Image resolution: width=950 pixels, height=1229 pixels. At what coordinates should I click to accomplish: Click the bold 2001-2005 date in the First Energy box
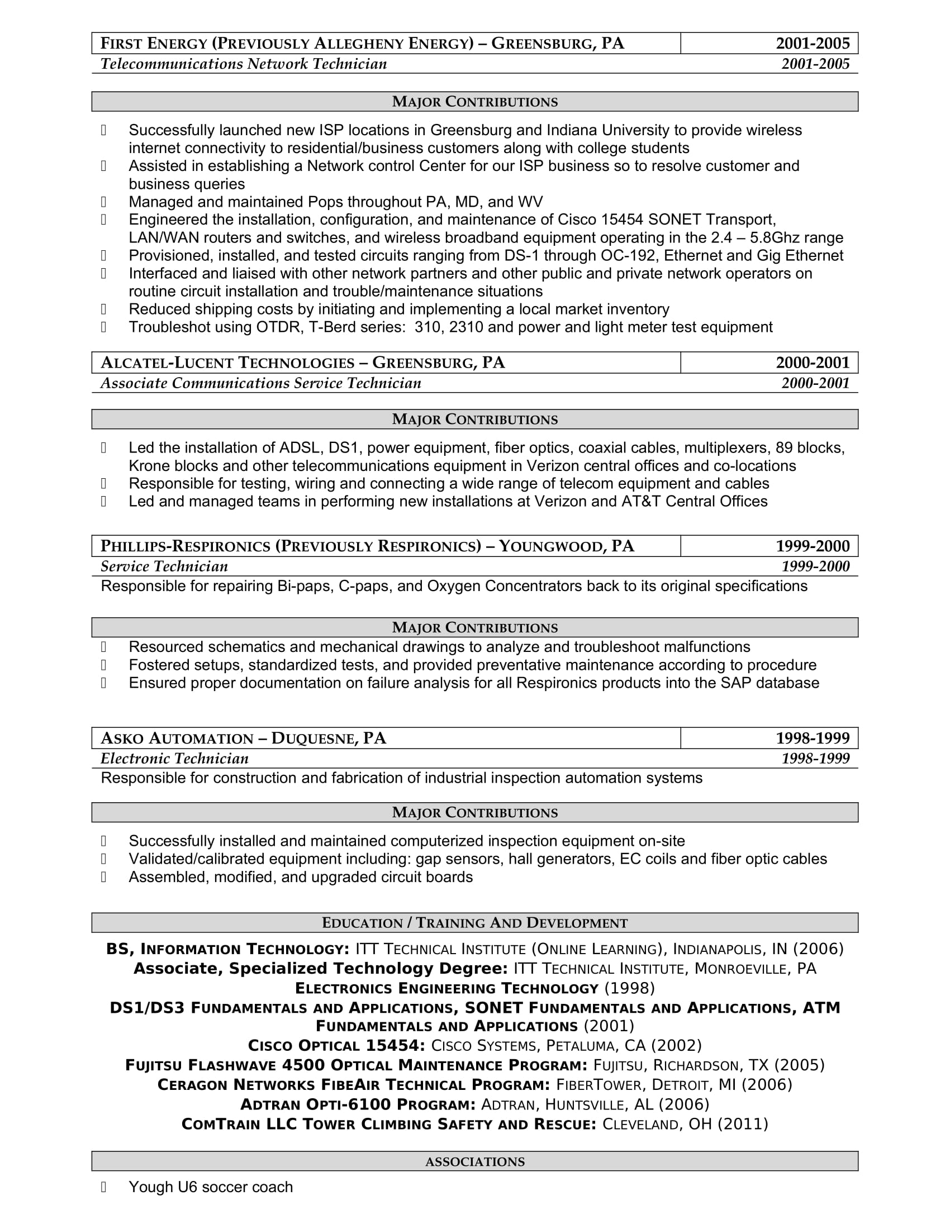pyautogui.click(x=812, y=44)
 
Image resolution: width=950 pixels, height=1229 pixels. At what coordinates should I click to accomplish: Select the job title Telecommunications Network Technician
pyautogui.click(x=244, y=64)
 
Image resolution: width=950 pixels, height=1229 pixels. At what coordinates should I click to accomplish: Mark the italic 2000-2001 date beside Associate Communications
pyautogui.click(x=815, y=384)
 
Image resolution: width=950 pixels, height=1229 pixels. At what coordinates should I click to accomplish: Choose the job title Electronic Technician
pyautogui.click(x=174, y=759)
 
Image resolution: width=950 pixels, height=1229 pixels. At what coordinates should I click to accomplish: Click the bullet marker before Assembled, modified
pyautogui.click(x=103, y=877)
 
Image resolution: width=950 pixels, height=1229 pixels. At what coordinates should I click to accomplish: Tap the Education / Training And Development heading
pyautogui.click(x=474, y=923)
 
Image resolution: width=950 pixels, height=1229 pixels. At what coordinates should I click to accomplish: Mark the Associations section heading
pyautogui.click(x=474, y=1162)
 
